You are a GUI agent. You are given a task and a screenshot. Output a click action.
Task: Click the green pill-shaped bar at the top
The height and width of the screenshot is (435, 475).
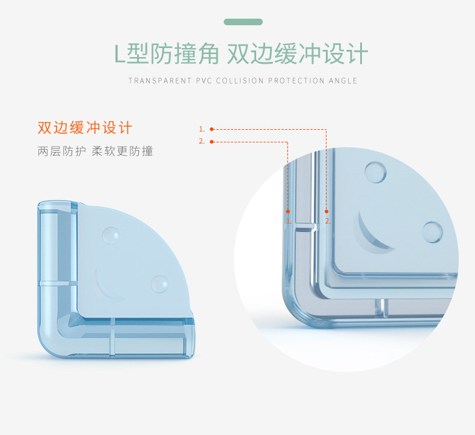243,22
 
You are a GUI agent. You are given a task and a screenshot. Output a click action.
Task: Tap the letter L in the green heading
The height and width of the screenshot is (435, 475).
120,55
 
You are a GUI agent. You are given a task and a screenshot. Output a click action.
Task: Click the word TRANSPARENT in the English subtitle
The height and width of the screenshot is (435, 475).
160,81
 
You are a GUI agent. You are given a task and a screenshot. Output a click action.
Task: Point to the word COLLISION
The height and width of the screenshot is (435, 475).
240,81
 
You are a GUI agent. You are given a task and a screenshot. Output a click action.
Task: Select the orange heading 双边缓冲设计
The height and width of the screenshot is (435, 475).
85,127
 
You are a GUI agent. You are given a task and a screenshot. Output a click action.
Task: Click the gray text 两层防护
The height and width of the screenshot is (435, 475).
62,151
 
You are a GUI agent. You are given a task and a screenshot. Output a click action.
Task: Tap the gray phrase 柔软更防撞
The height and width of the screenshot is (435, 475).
123,151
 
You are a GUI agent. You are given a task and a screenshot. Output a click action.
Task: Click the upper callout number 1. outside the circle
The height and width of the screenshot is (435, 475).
202,129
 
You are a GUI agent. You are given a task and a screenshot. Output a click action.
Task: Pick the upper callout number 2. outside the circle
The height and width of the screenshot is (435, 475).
202,141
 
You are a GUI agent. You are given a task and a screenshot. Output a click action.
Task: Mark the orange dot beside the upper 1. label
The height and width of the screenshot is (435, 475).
212,129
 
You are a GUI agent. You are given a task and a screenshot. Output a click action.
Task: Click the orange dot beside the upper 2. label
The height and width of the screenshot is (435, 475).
212,142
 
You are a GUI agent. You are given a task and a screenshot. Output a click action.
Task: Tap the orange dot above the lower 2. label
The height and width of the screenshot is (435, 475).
326,211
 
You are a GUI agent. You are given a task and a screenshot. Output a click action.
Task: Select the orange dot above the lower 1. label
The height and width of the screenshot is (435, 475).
288,211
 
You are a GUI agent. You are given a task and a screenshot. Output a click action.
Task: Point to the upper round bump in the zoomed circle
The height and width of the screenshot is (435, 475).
375,172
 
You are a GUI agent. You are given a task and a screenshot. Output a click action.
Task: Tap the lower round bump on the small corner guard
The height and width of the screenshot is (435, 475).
160,284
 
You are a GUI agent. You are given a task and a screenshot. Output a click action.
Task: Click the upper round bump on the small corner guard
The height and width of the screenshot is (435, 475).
111,235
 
